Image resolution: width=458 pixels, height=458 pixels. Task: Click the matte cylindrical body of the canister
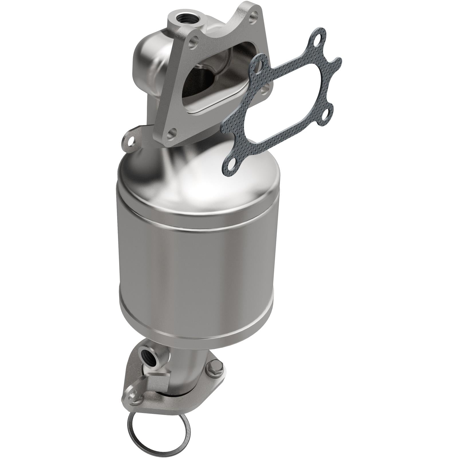click(198, 272)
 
